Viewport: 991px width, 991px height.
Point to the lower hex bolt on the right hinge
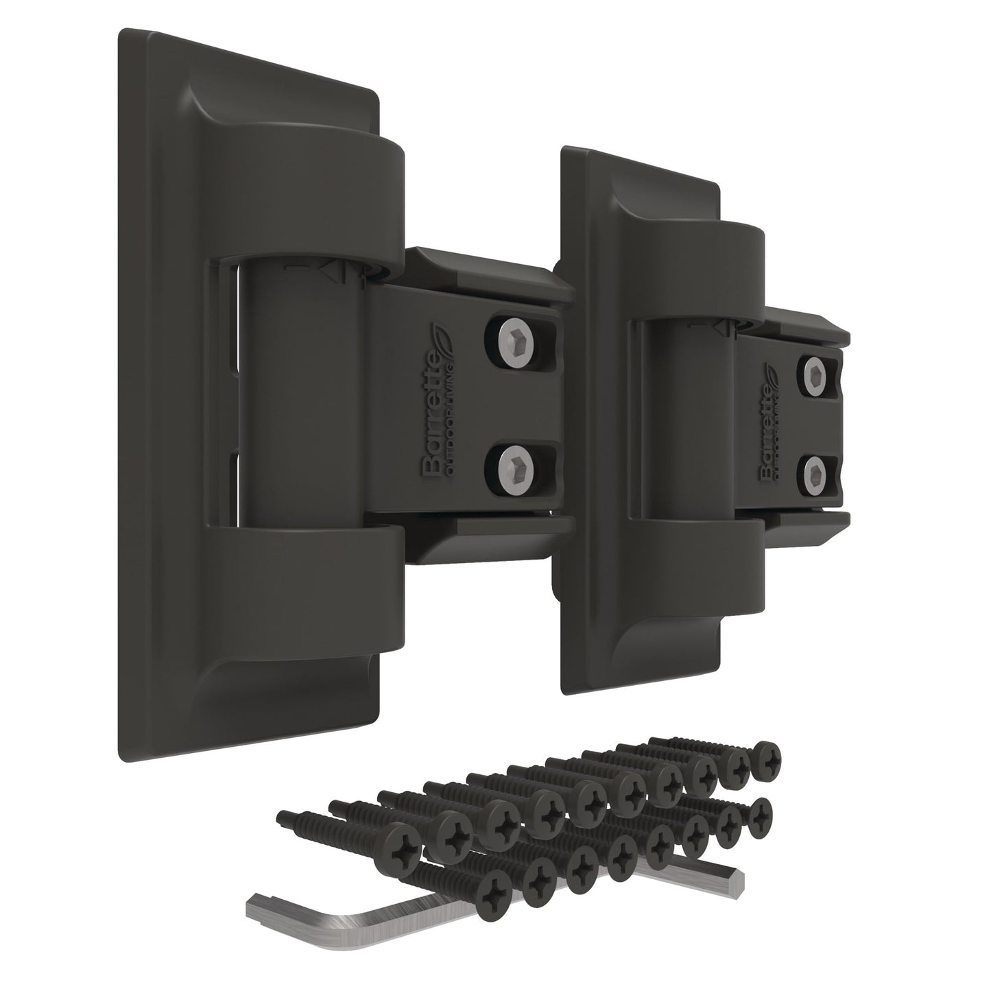click(x=815, y=473)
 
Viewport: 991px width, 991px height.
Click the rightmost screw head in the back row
click(x=763, y=757)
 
